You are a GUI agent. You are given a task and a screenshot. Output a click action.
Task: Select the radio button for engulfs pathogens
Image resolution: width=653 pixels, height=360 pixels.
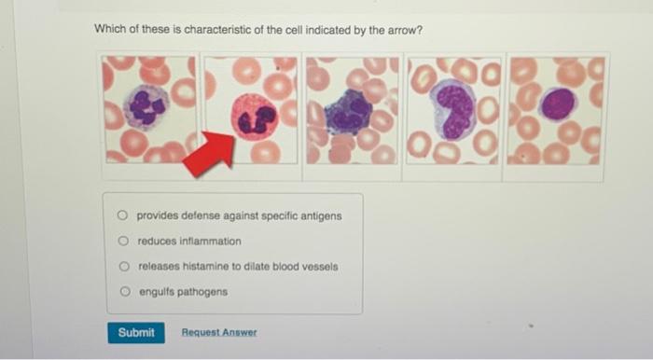coord(124,292)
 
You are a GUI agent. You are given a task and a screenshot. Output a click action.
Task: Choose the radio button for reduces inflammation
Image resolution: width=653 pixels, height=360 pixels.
coord(123,241)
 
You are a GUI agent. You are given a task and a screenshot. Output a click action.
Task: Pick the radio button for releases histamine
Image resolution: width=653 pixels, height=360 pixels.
coord(124,266)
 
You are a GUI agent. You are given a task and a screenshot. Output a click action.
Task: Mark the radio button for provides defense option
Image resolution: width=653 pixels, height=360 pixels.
coord(123,215)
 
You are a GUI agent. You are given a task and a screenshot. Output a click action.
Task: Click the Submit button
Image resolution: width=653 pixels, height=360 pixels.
coord(136,332)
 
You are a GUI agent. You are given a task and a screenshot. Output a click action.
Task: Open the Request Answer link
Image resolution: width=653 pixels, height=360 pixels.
coord(219,333)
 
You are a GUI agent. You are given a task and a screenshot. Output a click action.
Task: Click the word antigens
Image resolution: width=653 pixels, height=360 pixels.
coord(319,215)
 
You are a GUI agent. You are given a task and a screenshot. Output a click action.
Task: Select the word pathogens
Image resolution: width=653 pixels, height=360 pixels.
coord(205,292)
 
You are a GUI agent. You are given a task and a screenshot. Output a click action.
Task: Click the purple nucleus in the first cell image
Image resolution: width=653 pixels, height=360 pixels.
coord(147,106)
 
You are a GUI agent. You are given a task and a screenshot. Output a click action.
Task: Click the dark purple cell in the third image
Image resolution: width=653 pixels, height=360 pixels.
coord(349,112)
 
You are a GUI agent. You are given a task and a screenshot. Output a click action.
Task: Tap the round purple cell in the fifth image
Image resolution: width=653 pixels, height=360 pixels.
coord(557,104)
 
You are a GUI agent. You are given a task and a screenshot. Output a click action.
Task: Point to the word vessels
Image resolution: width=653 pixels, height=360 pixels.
coord(318,266)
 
